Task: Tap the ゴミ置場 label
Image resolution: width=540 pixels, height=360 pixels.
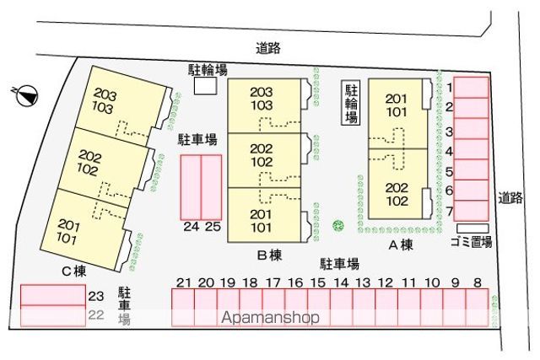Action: coord(471,242)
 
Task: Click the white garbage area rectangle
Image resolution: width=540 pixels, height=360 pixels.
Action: coord(472,228)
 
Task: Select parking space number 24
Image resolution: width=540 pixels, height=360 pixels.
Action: coord(191,187)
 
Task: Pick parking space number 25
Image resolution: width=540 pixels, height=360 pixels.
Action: coord(211,187)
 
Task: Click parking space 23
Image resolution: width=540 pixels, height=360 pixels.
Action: coord(53,295)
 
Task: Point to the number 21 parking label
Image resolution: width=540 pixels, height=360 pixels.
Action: coord(184,283)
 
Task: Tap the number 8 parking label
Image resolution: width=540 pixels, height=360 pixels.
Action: coord(477,283)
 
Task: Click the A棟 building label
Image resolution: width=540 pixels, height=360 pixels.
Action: coord(401,245)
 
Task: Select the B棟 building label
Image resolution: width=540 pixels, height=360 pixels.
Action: coord(270,255)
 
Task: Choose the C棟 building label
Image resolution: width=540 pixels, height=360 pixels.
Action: coord(73,271)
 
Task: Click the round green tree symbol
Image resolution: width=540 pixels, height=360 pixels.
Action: coord(338,226)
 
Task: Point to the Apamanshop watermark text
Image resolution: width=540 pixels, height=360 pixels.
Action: coord(270,317)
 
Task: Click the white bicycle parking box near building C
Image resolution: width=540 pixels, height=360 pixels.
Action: coord(205,86)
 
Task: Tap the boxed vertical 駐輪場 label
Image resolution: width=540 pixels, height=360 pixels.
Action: coord(351,103)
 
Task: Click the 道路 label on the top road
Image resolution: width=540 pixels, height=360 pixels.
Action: coord(268,48)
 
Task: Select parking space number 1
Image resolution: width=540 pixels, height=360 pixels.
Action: coord(471,88)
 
